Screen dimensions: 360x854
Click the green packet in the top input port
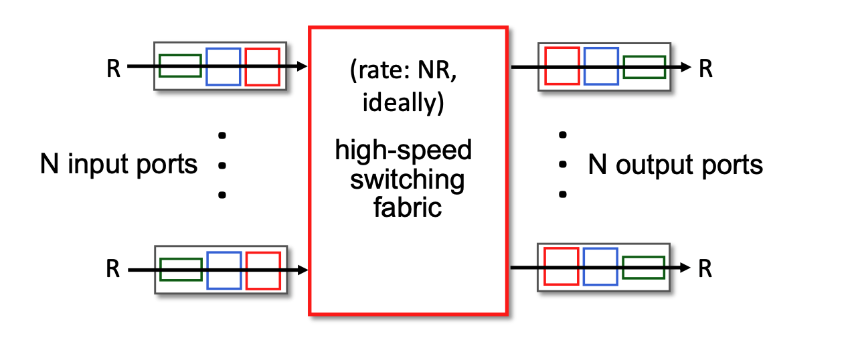point(181,66)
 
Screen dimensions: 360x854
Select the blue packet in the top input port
point(223,66)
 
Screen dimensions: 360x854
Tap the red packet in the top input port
point(262,66)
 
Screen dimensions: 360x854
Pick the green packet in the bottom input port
point(181,269)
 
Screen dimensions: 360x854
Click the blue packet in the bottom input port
point(223,270)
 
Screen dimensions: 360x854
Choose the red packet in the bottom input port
point(262,270)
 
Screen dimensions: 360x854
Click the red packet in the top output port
point(562,66)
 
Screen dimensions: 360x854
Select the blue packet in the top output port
point(600,66)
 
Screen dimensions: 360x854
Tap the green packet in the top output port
point(644,67)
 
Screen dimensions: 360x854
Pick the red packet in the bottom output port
point(562,266)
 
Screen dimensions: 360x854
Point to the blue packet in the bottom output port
point(600,266)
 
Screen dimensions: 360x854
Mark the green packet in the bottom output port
point(643,267)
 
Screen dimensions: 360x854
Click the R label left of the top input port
point(113,68)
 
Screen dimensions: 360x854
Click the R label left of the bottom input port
point(113,270)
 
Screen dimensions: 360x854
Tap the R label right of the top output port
point(705,68)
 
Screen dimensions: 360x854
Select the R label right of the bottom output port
point(705,269)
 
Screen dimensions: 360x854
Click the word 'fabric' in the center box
point(407,207)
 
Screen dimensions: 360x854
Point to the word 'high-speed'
point(404,150)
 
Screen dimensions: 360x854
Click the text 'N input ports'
point(118,164)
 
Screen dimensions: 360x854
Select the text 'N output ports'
point(675,164)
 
